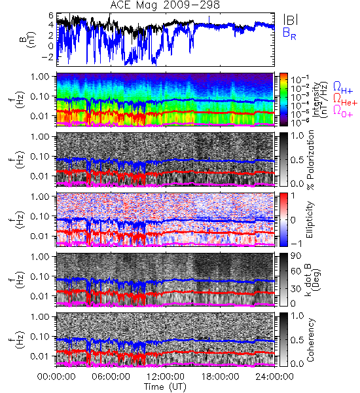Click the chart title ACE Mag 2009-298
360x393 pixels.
click(x=165, y=5)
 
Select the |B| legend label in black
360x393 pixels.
click(x=291, y=19)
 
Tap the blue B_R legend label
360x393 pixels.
click(x=289, y=33)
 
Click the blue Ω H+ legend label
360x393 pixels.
click(x=343, y=88)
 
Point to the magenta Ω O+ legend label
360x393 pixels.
click(x=343, y=111)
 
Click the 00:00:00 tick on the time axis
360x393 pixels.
click(x=56, y=377)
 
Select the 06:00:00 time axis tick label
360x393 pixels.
click(x=111, y=377)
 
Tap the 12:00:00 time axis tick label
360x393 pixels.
click(x=166, y=377)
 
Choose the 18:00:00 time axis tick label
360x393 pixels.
click(x=220, y=377)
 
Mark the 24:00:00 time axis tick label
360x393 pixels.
click(x=274, y=377)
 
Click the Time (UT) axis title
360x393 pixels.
click(x=166, y=386)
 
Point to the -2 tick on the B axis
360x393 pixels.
click(x=48, y=56)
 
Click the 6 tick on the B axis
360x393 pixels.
click(x=51, y=16)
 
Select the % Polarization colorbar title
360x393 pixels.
click(x=311, y=160)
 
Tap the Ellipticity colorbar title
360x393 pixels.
click(x=310, y=219)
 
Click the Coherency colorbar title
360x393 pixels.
click(x=310, y=340)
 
